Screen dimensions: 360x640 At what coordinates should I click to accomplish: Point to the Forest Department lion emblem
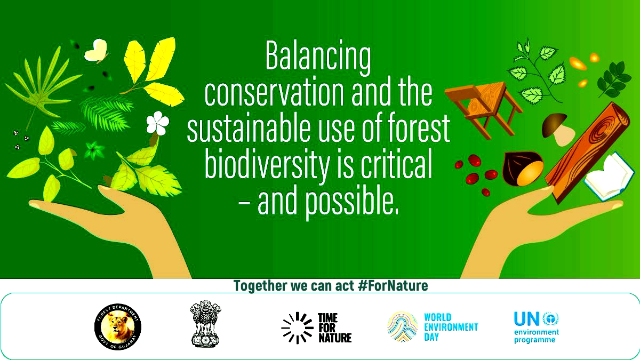(x=118, y=325)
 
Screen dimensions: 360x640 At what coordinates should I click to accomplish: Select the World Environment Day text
(x=451, y=326)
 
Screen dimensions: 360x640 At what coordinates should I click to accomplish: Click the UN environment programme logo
(x=535, y=327)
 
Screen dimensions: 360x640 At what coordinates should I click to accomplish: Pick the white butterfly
(x=95, y=50)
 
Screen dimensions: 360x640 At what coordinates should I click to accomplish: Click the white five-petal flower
(x=158, y=123)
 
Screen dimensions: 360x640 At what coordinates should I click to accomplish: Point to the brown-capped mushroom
(x=556, y=129)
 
